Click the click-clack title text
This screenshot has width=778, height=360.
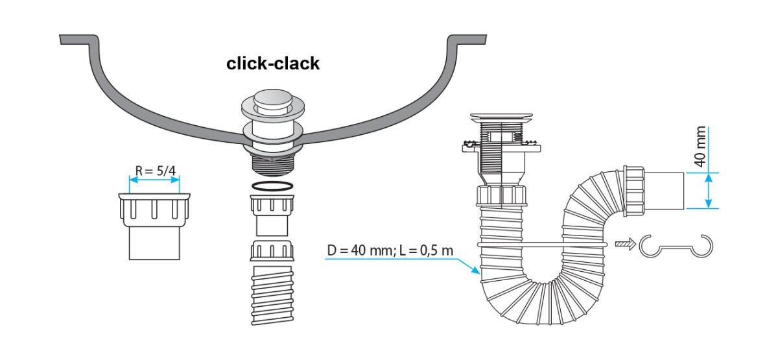click(272, 64)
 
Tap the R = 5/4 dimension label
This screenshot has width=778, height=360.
click(155, 171)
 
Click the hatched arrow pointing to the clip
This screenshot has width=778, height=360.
click(624, 244)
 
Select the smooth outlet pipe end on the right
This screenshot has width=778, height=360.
click(665, 191)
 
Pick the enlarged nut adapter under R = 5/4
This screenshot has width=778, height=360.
click(154, 224)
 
